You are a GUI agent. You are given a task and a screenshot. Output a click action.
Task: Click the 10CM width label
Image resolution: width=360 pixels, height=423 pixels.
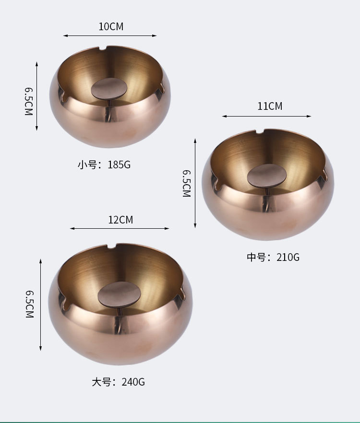[111, 26]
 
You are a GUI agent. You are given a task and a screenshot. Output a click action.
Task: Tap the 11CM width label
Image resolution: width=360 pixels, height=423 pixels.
[270, 106]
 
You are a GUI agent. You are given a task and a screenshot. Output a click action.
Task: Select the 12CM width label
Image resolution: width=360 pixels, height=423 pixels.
[121, 220]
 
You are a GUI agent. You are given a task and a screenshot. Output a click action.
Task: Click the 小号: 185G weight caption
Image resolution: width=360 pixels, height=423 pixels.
[104, 164]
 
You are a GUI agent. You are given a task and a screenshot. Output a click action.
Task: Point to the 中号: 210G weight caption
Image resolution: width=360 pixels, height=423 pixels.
[273, 257]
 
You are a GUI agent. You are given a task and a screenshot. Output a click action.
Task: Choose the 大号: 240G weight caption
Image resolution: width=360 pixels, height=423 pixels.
[118, 382]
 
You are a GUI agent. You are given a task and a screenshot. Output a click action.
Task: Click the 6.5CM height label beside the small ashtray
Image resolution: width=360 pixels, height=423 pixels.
[29, 101]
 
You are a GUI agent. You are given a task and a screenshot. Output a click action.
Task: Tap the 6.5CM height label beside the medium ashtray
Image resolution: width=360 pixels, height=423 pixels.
[187, 183]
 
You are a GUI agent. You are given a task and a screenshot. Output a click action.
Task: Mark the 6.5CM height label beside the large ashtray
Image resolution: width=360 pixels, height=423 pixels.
[30, 304]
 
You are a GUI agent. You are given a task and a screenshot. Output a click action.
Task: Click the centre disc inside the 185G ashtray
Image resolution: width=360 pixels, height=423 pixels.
[109, 88]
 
